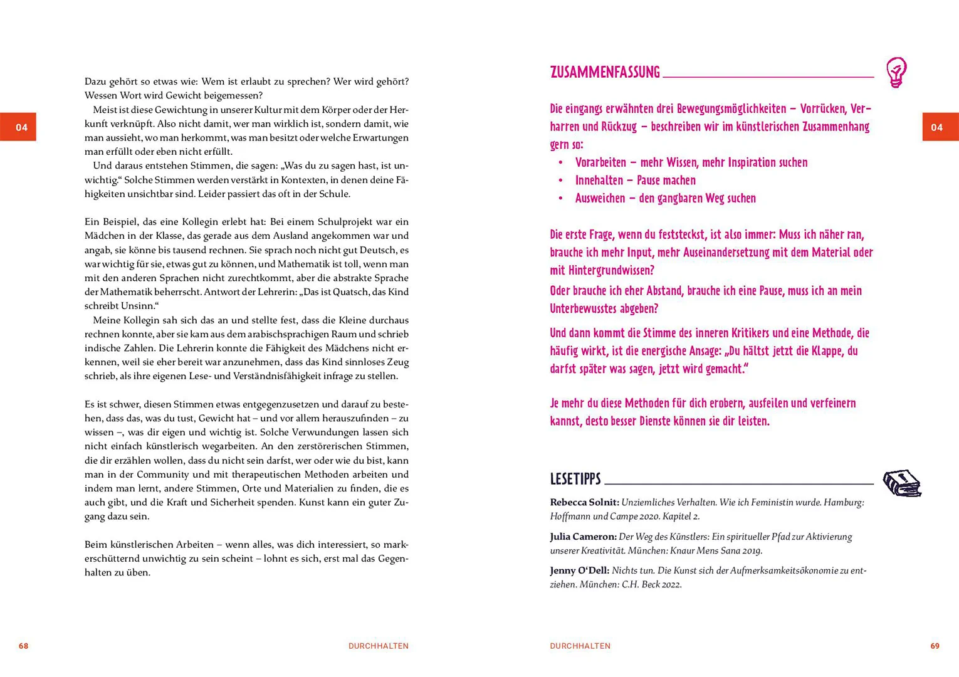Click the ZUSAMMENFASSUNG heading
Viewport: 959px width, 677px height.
(605, 72)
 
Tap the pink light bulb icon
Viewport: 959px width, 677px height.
(896, 72)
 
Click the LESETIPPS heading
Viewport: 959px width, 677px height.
(575, 480)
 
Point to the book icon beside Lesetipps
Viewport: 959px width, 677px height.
(902, 483)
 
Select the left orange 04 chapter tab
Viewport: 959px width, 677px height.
(18, 127)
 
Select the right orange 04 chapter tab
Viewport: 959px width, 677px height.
(940, 127)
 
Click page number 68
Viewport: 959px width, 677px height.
(24, 646)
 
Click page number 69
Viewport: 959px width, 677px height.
(935, 646)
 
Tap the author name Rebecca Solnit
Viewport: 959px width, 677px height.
(584, 503)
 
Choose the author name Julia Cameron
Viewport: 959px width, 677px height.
(583, 537)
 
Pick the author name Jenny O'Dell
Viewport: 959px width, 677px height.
(579, 570)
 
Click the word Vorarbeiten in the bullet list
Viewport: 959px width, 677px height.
(600, 163)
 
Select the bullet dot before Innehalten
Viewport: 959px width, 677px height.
(560, 181)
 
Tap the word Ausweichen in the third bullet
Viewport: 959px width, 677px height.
(600, 199)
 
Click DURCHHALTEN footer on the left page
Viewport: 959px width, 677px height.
(378, 646)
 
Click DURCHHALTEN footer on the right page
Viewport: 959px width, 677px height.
(580, 646)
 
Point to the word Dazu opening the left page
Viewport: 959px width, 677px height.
(95, 81)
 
